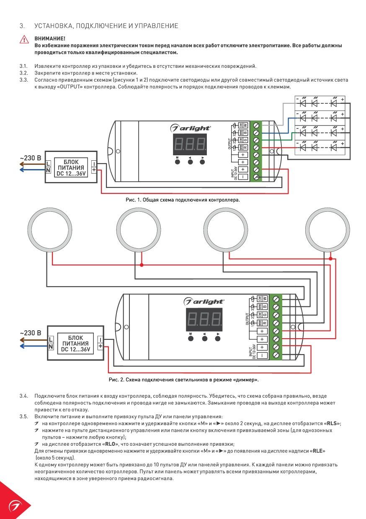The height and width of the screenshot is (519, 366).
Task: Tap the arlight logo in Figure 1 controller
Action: [x=191, y=127]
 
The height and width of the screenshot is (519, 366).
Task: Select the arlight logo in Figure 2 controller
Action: [x=204, y=301]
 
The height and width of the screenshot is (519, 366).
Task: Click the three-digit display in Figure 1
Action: [x=190, y=144]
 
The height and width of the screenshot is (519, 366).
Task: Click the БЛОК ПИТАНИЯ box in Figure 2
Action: [x=75, y=343]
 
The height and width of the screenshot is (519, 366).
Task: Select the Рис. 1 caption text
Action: [x=183, y=200]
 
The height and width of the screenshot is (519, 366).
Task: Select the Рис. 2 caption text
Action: [x=183, y=380]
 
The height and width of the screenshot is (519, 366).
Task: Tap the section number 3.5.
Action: [x=23, y=416]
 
